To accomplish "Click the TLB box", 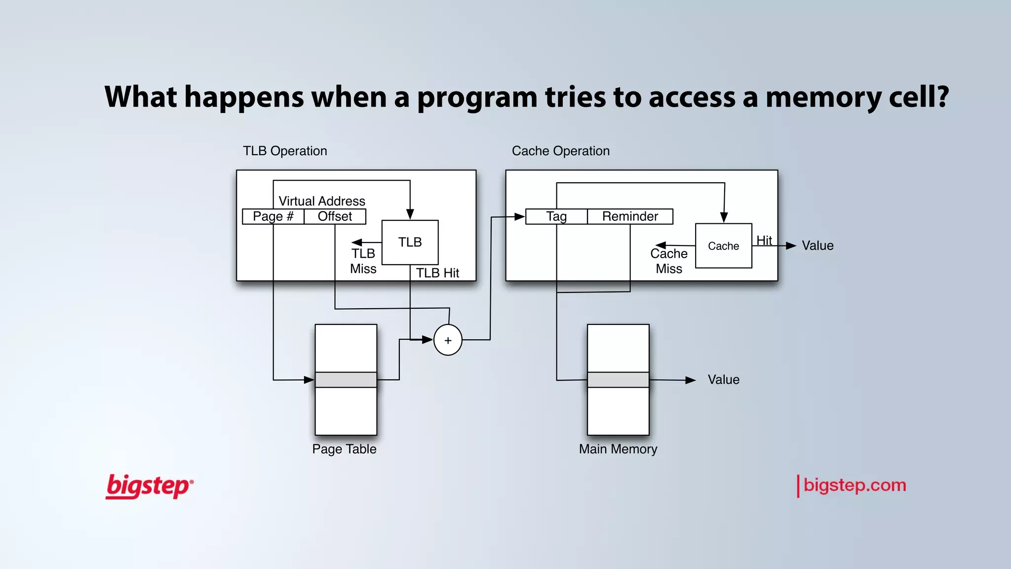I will click(x=410, y=242).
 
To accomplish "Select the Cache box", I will click(x=723, y=246).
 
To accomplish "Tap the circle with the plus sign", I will click(x=448, y=340).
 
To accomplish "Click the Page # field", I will click(x=273, y=216).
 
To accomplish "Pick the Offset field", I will click(x=335, y=216).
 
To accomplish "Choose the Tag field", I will click(x=556, y=216).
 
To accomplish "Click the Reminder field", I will click(x=630, y=216).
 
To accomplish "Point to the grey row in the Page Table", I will click(x=346, y=380).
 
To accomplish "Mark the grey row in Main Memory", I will click(x=618, y=380).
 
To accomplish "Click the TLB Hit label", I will click(x=437, y=273).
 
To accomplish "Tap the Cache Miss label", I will click(x=669, y=261).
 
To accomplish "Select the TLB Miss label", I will click(x=363, y=261).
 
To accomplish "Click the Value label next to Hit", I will click(x=817, y=245).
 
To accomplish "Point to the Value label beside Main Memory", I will click(x=723, y=380).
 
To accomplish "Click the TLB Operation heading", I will click(x=285, y=151).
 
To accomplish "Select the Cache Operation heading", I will click(x=560, y=151).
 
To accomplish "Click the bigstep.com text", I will click(x=855, y=486).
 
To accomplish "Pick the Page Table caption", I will click(x=344, y=449).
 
